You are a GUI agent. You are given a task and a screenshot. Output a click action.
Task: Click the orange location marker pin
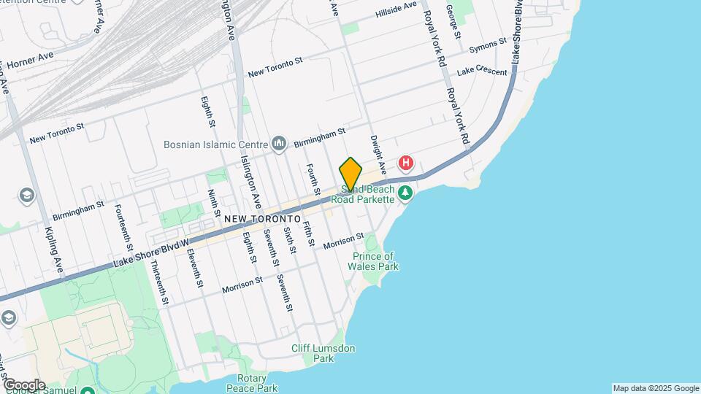350,174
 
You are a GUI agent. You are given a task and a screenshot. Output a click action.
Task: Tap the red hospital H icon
406,163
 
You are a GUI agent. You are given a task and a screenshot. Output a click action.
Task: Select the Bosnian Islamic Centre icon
279,144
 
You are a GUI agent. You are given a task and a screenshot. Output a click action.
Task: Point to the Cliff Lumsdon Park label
323,354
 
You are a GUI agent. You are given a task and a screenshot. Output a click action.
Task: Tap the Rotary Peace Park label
251,383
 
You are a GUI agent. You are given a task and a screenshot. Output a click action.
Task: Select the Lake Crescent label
482,72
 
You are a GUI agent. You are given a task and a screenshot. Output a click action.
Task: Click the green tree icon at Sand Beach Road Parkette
406,193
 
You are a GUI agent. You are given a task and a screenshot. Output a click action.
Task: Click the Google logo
23,385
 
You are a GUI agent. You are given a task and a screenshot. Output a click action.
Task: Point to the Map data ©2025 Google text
656,388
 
